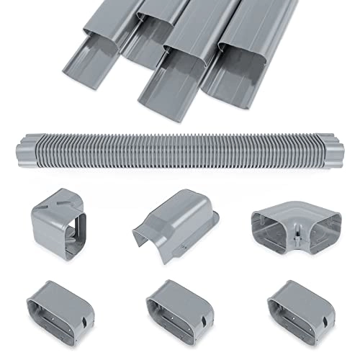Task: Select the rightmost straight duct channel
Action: (245, 58)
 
